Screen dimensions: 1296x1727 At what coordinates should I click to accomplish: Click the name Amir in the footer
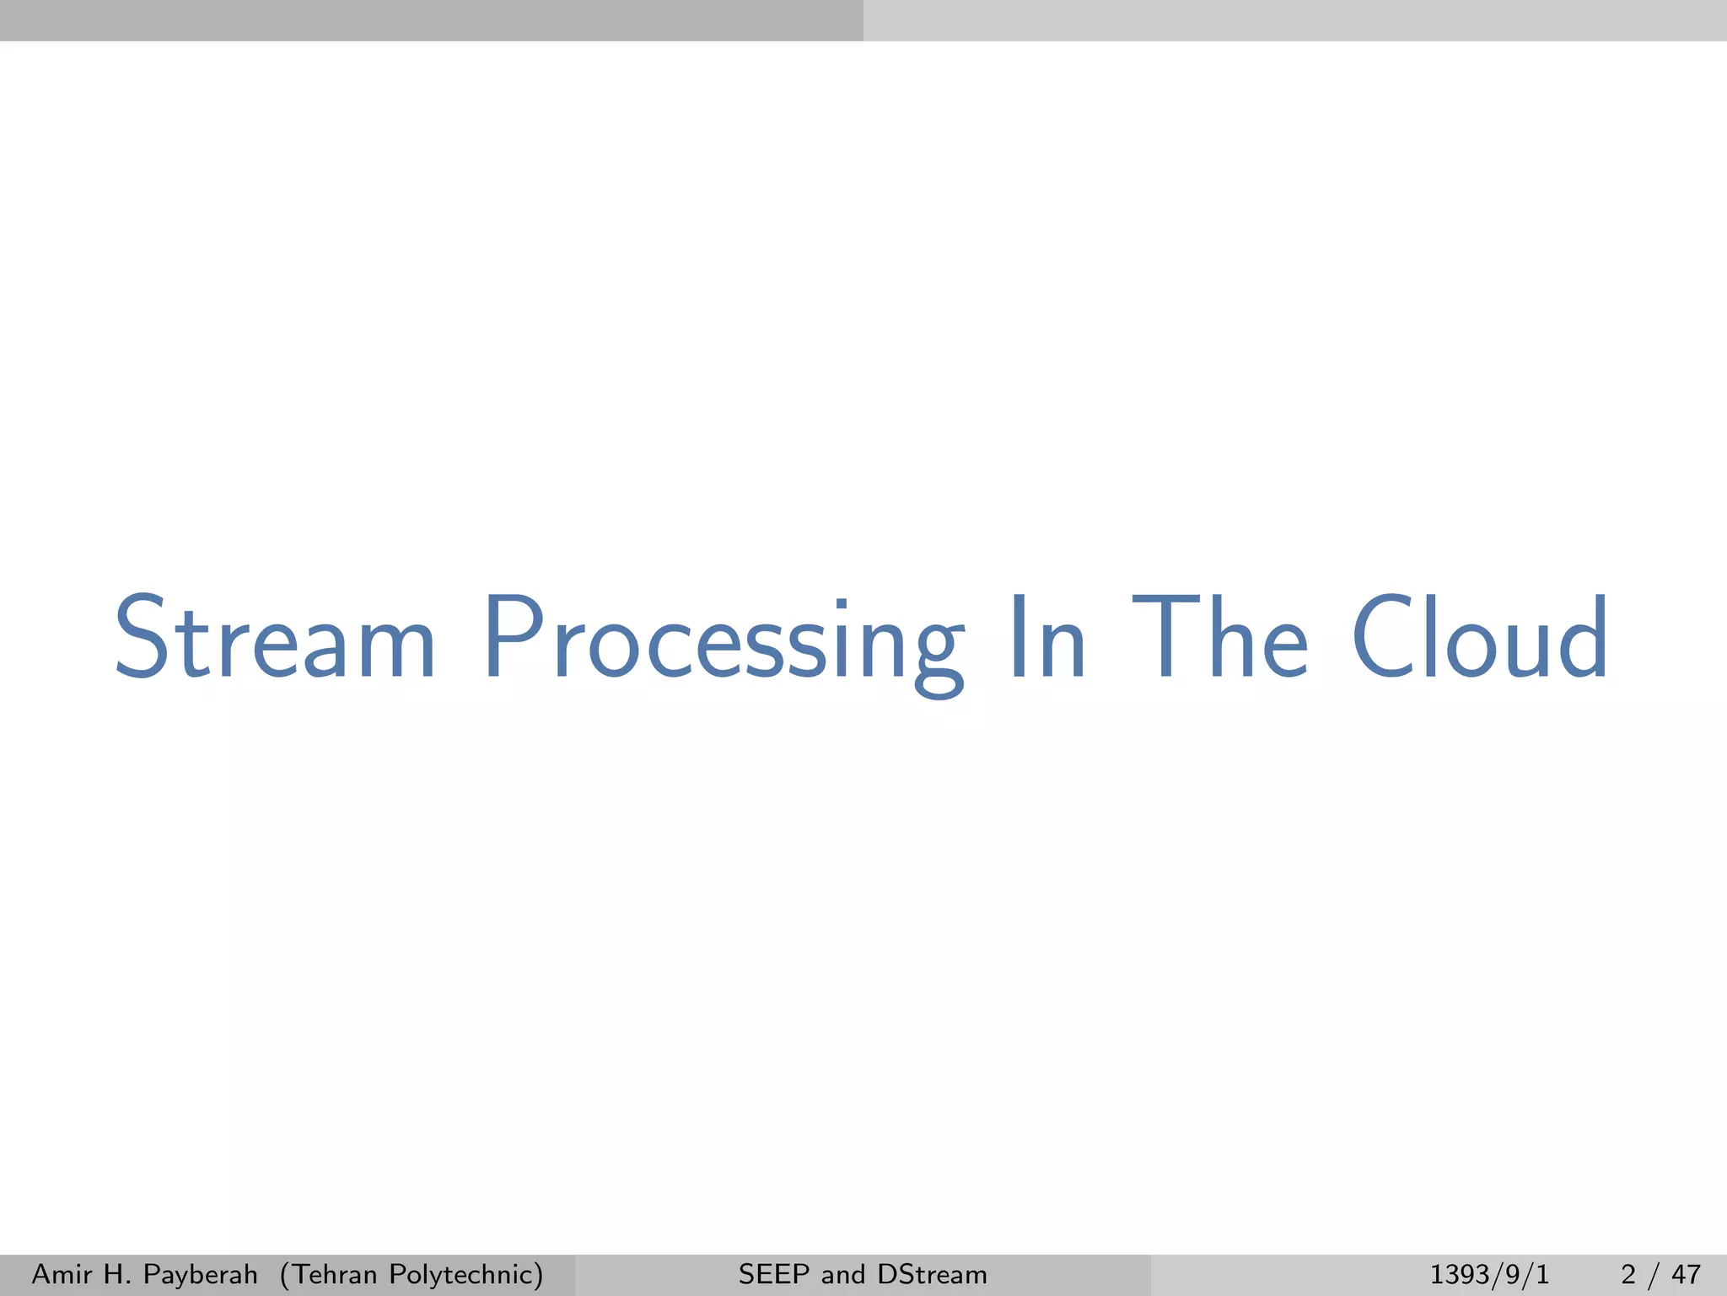[x=60, y=1274]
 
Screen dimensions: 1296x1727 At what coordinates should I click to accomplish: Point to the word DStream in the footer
[x=932, y=1274]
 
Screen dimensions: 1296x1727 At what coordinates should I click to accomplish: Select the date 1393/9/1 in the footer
[x=1489, y=1274]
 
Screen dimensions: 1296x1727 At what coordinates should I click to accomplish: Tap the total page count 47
[x=1686, y=1274]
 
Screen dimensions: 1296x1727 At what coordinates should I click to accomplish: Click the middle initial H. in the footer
[x=116, y=1274]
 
